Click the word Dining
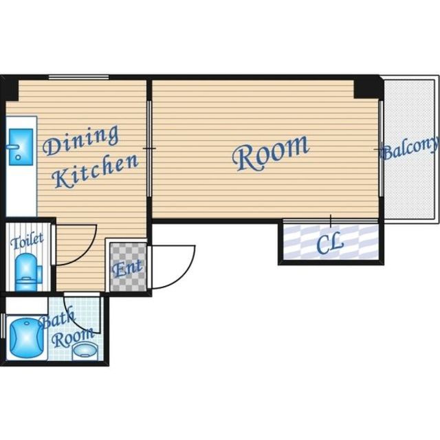(81, 140)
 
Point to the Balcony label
(410, 148)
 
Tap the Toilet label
(27, 241)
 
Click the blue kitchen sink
(21, 146)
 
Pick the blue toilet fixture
(27, 272)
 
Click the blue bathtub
(26, 338)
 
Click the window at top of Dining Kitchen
(78, 77)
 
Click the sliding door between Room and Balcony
(381, 148)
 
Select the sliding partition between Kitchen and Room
(149, 148)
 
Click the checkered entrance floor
(128, 267)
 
